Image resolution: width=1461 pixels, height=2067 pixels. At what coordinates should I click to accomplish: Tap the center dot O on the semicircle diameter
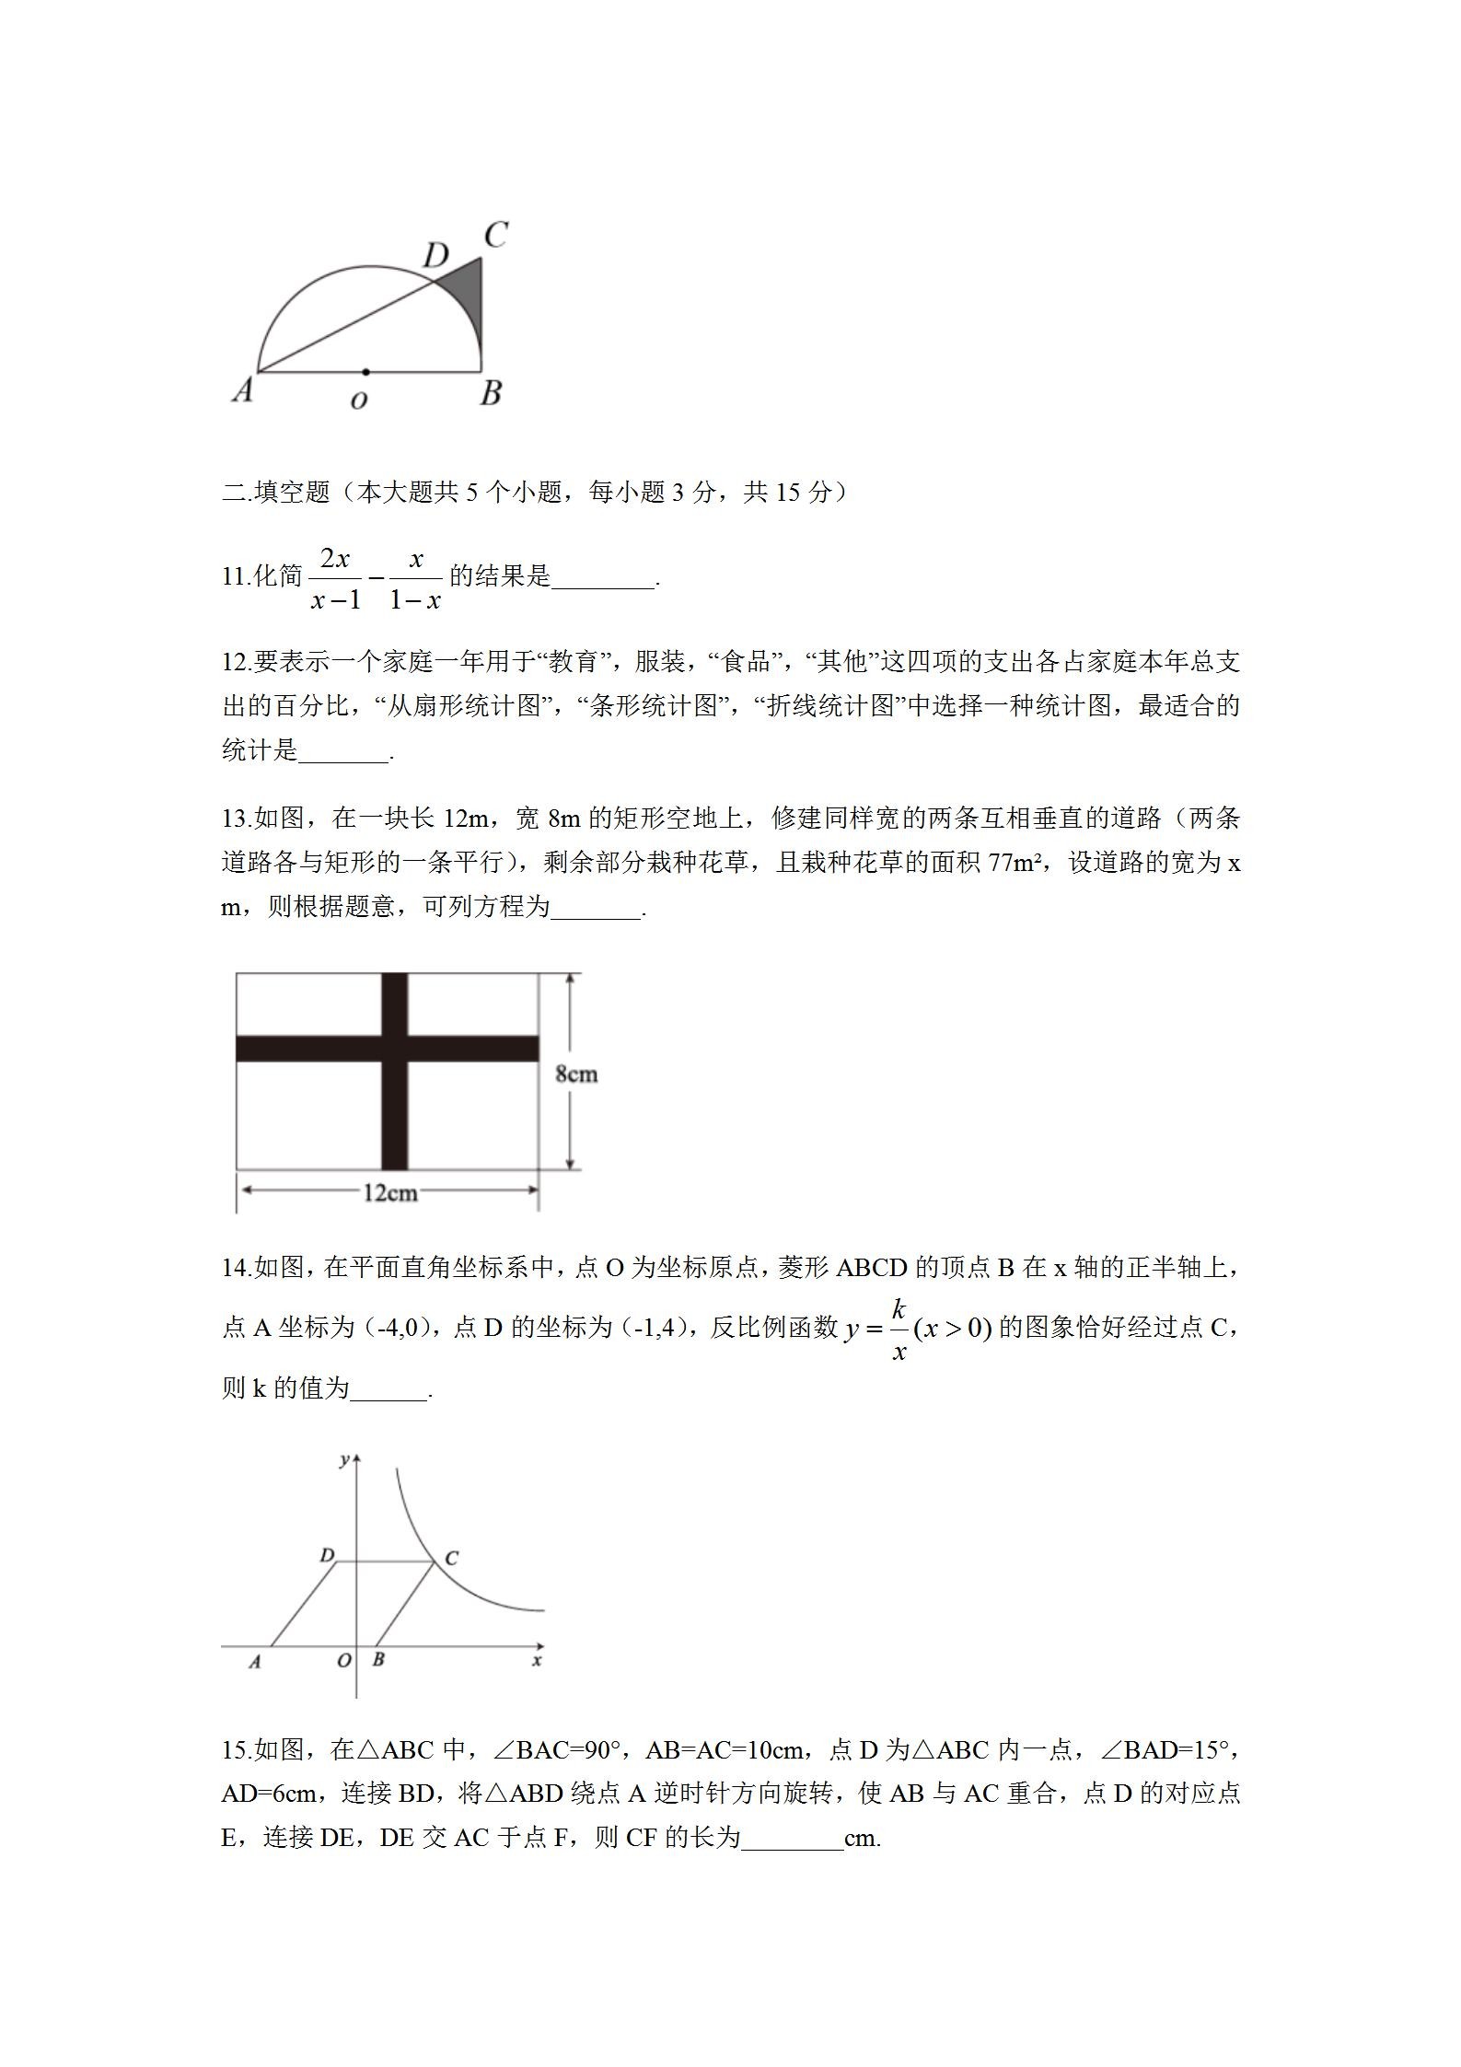coord(365,372)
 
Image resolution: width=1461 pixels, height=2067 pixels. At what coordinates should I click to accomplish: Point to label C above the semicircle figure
coord(495,236)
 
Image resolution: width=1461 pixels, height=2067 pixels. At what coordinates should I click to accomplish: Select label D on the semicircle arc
coord(435,255)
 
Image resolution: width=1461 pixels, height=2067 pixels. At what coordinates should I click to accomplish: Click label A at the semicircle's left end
coord(242,390)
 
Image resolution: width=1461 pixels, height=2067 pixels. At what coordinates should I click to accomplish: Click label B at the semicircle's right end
coord(491,393)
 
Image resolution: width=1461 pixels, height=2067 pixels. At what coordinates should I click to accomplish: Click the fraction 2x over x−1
coord(336,578)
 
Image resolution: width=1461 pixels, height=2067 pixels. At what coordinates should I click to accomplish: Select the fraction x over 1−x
coord(415,578)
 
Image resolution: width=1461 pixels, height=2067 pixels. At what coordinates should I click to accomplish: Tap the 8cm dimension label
coord(576,1074)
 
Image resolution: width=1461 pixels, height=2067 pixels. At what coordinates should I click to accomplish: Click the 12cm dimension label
coord(389,1193)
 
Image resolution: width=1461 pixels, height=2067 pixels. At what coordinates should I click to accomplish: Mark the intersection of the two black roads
coord(394,1049)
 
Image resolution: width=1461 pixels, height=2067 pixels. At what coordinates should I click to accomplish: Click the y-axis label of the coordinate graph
coord(343,1459)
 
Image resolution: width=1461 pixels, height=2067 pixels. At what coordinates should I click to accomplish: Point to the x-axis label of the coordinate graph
coord(536,1660)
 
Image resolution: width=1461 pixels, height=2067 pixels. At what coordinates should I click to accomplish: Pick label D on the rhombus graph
coord(326,1555)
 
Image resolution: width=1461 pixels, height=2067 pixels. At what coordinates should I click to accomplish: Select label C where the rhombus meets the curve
coord(451,1558)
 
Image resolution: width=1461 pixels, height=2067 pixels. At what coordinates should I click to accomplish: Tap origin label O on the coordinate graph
coord(343,1660)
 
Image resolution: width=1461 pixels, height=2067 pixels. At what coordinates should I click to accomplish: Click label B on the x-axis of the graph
coord(378,1660)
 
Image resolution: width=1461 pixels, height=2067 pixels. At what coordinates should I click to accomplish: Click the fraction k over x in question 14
coord(899,1329)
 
